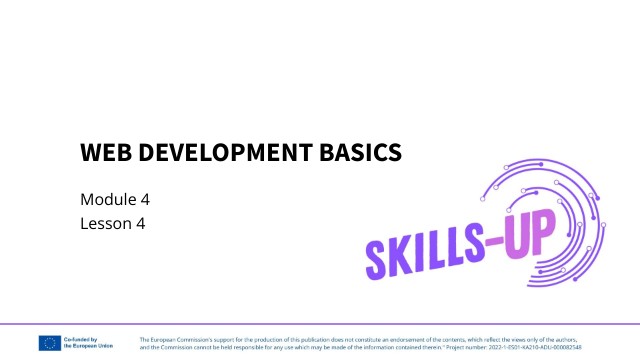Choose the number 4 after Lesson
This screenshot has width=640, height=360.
tap(142, 224)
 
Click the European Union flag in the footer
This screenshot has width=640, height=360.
tap(49, 342)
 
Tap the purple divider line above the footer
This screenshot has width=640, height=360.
tap(320, 324)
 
